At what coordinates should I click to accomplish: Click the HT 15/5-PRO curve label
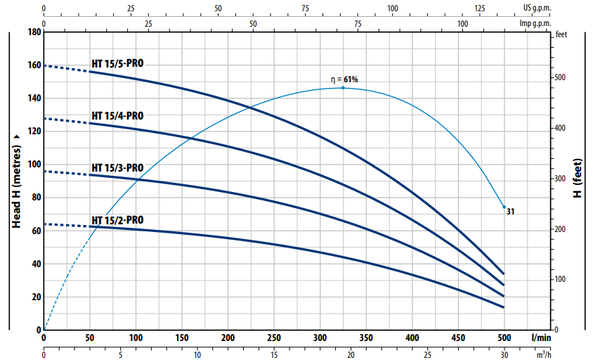pos(117,64)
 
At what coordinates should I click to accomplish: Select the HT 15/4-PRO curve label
pos(117,115)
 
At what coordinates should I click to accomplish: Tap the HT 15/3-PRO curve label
pos(117,168)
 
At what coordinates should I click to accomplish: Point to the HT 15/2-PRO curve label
pos(117,220)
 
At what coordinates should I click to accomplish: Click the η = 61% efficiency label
pos(344,79)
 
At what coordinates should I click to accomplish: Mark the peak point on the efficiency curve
pos(343,88)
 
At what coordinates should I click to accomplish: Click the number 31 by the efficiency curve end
pos(511,210)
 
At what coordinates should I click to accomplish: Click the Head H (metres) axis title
pos(15,181)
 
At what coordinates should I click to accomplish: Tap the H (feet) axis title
pos(577,181)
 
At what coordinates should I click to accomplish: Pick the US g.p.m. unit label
pos(537,8)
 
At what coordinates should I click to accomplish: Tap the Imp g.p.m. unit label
pos(535,23)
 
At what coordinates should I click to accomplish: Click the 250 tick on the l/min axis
pos(274,337)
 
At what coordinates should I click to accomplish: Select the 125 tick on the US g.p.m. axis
pos(480,8)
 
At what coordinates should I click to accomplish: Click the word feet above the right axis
pos(561,34)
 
